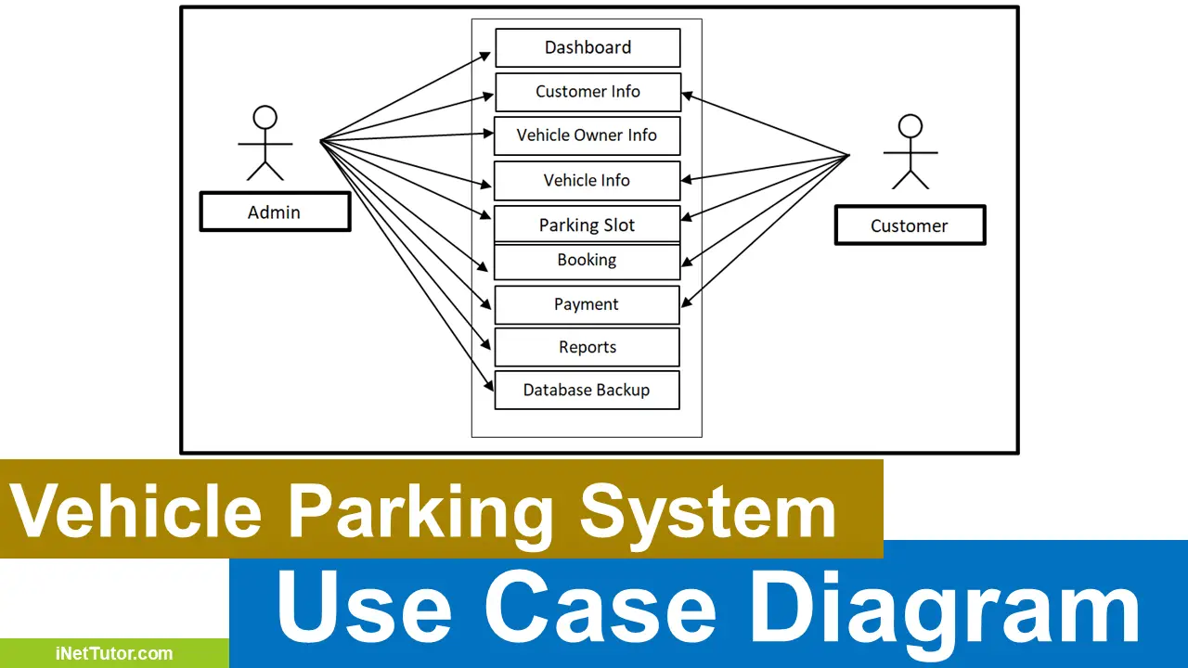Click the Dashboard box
pyautogui.click(x=588, y=47)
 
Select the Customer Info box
pyautogui.click(x=588, y=92)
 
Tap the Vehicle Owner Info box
pyautogui.click(x=587, y=135)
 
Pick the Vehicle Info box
pyautogui.click(x=587, y=181)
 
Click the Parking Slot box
pyautogui.click(x=587, y=225)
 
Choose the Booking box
pyautogui.click(x=587, y=261)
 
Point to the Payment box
pyautogui.click(x=587, y=304)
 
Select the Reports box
pyautogui.click(x=587, y=347)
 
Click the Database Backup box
pyautogui.click(x=587, y=390)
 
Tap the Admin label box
pyautogui.click(x=275, y=212)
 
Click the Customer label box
pyautogui.click(x=910, y=225)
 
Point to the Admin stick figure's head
pyautogui.click(x=265, y=118)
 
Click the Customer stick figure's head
pyautogui.click(x=910, y=125)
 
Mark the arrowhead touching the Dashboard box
pyautogui.click(x=486, y=55)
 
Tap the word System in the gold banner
pyautogui.click(x=707, y=511)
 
